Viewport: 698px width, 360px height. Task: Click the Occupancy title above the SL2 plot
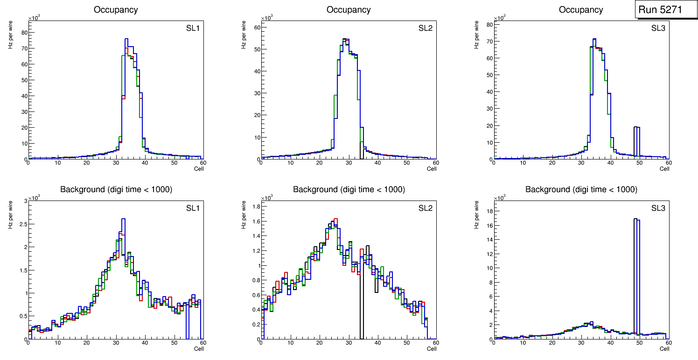pos(349,10)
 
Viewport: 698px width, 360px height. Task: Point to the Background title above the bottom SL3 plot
pos(581,189)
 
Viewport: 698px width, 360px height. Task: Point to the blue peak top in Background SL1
pos(123,219)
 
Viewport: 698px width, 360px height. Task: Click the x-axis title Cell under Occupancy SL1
pos(199,169)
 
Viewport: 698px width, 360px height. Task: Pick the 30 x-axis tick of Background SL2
pos(348,343)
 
